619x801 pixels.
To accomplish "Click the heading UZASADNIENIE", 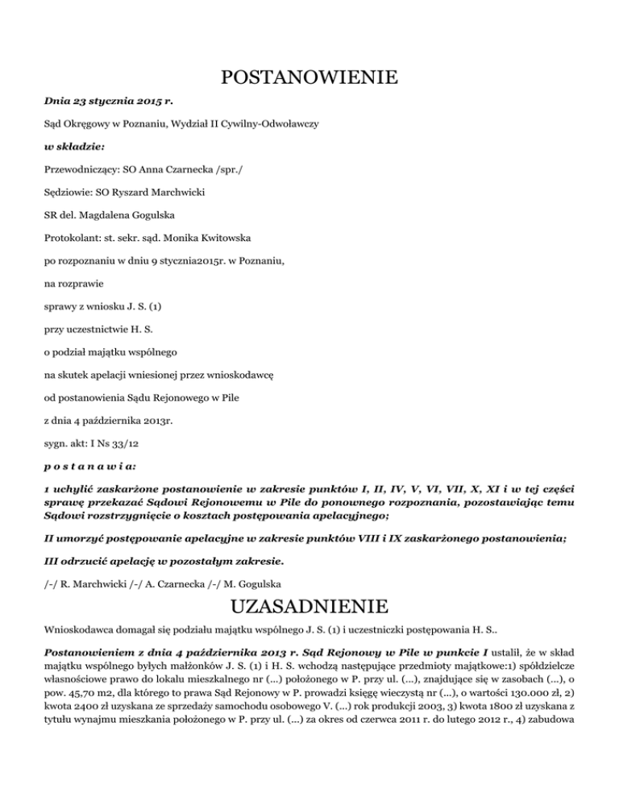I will point(309,605).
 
